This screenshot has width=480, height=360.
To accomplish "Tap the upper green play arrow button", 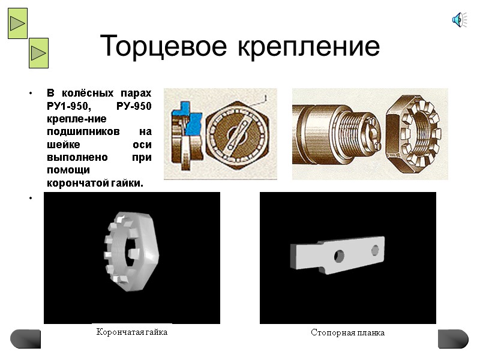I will pos(17,23).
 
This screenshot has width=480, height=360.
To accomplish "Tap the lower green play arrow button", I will pos(38,53).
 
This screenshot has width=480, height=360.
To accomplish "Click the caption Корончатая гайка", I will pos(132,332).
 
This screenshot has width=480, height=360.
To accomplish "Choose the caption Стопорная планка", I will pos(347,332).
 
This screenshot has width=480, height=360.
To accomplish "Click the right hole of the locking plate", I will pos(376,248).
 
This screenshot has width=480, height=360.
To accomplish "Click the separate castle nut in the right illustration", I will pos(413,133).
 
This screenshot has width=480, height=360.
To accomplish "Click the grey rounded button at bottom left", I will pos(26,338).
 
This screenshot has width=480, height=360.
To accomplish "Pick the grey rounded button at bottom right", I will pos(453,338).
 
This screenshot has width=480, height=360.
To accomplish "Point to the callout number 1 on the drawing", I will pos(265,95).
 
